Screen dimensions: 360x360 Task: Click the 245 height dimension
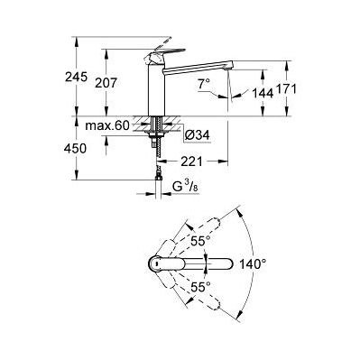tap(76, 78)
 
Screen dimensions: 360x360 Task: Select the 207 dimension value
tap(106, 83)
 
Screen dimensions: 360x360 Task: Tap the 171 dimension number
tap(286, 89)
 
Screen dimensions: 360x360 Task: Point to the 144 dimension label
tap(263, 93)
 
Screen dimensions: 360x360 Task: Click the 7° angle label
tap(204, 84)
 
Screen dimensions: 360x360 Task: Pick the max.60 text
tap(107, 125)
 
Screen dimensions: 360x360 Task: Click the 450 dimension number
tap(75, 149)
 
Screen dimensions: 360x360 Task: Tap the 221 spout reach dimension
tap(191, 162)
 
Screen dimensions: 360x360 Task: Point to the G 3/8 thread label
tap(185, 188)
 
